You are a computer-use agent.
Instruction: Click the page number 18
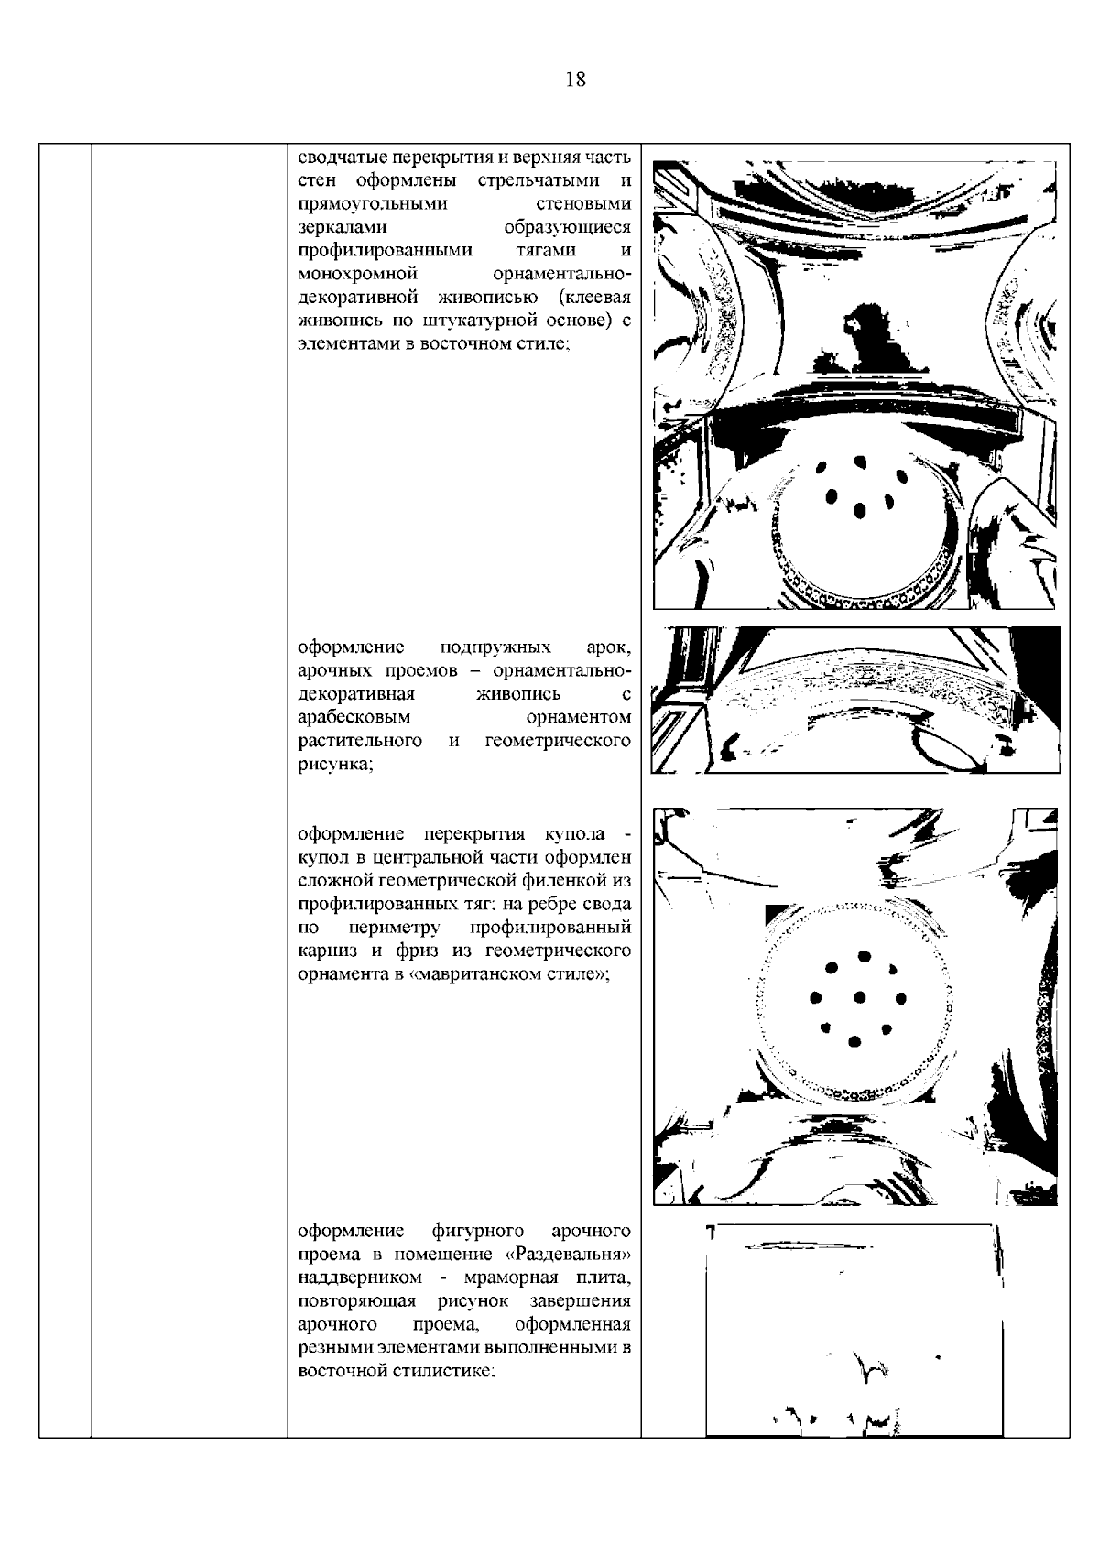tap(576, 80)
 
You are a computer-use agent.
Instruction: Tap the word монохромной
tap(358, 274)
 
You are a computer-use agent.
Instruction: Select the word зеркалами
tap(343, 227)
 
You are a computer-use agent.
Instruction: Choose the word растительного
tap(360, 740)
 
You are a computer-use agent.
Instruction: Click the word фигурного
tap(477, 1230)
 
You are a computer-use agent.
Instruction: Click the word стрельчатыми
tap(534, 179)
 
